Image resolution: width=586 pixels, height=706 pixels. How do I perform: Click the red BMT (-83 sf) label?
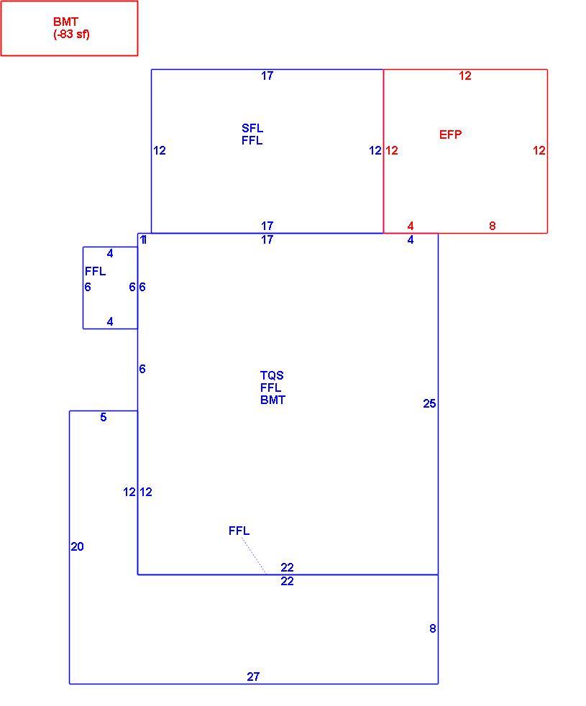click(x=72, y=28)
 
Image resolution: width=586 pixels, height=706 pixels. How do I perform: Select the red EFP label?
click(x=450, y=134)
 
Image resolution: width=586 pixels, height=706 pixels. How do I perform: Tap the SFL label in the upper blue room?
click(x=252, y=128)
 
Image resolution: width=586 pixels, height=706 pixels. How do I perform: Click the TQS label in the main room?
click(x=272, y=375)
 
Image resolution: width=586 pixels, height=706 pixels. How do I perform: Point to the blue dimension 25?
click(x=429, y=403)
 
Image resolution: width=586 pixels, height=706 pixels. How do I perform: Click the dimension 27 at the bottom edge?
click(x=253, y=677)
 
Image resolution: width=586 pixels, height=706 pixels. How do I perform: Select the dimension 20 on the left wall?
click(x=77, y=546)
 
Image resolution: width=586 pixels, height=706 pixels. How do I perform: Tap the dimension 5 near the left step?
click(x=103, y=417)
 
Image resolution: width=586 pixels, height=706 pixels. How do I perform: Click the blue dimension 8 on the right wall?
click(x=432, y=628)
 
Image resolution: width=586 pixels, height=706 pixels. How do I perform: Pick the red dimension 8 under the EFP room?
click(x=493, y=226)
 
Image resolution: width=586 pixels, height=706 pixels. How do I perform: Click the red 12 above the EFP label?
click(x=464, y=75)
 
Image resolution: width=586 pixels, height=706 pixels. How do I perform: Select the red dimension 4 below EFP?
click(x=411, y=226)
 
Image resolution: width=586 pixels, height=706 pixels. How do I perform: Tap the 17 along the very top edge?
click(x=267, y=75)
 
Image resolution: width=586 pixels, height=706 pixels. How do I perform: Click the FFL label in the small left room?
click(x=96, y=271)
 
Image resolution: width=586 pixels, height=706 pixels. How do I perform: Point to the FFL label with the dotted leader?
click(x=239, y=531)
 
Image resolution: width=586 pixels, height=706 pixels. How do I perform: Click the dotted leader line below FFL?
click(x=254, y=556)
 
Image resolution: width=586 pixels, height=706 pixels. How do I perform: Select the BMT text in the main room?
click(x=273, y=400)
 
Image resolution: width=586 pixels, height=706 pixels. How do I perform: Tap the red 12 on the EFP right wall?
click(x=539, y=150)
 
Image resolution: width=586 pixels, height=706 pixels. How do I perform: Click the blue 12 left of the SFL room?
click(x=160, y=150)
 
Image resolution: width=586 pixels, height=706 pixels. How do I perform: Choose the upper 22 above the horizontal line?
click(x=287, y=567)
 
